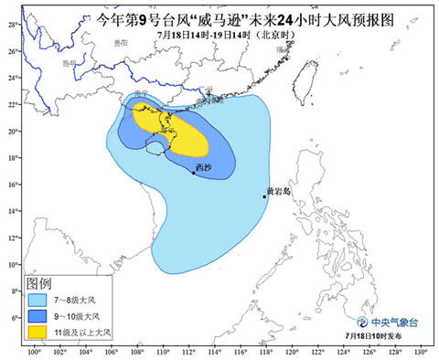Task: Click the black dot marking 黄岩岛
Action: pos(265,196)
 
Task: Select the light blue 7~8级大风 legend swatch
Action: pos(42,299)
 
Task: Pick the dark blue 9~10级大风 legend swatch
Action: pos(42,314)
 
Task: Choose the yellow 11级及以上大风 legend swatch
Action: pos(42,331)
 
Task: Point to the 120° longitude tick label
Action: pos(293,352)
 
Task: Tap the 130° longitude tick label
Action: pos(421,352)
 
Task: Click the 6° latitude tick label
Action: pos(12,317)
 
